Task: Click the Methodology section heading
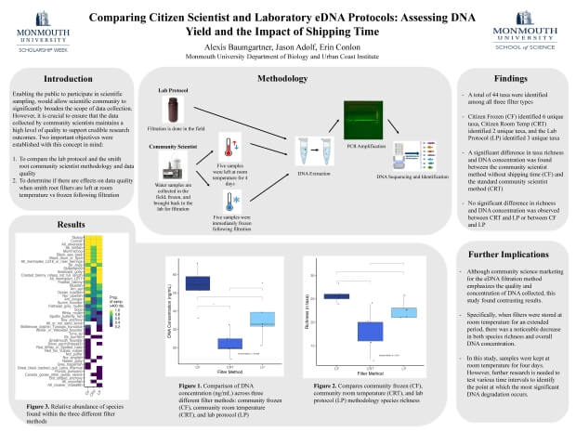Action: point(289,79)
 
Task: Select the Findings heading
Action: point(511,81)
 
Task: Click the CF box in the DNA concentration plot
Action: point(196,283)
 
